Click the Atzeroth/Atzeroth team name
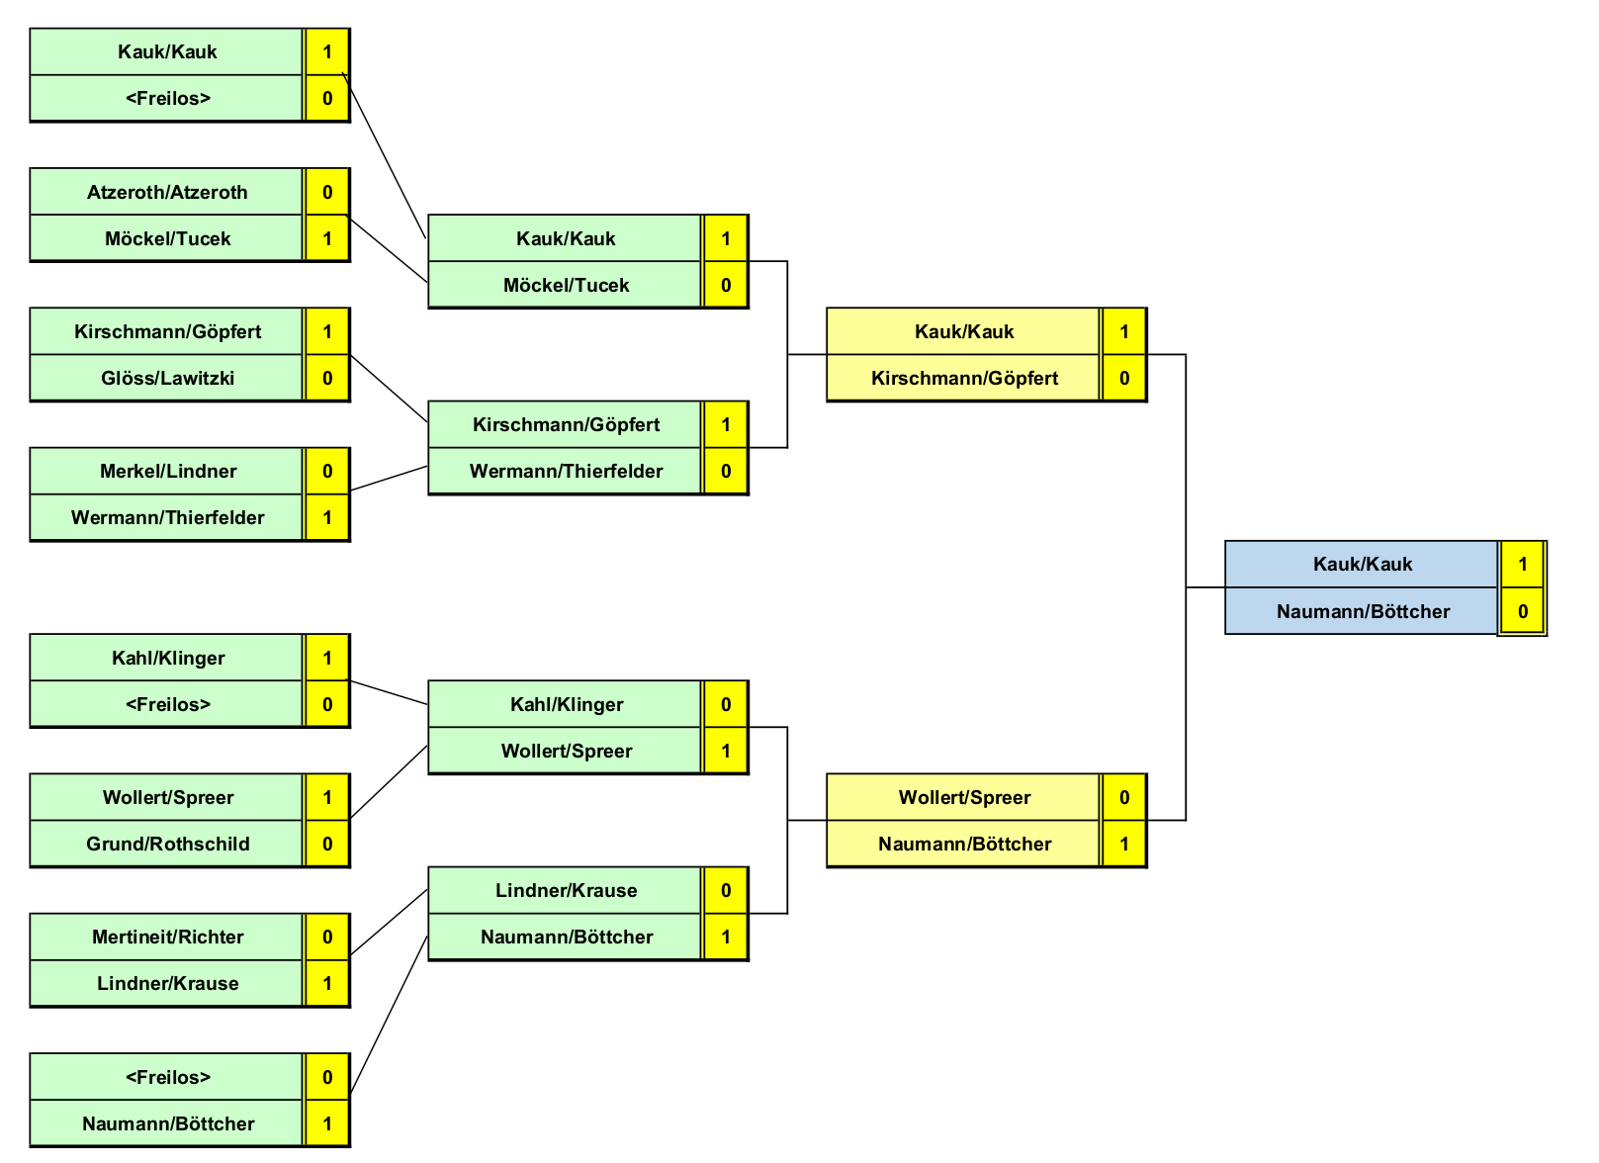[167, 192]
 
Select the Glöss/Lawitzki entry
[167, 378]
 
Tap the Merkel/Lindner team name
[167, 471]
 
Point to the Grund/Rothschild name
[167, 844]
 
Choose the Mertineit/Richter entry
[167, 937]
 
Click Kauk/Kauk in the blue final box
[1362, 564]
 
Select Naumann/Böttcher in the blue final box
[1362, 611]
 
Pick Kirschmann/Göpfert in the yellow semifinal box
[964, 378]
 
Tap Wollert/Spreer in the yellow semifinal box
[964, 797]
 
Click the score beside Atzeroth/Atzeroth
[327, 192]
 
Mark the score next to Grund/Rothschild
[327, 844]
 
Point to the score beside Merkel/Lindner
[327, 471]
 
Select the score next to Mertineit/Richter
[327, 937]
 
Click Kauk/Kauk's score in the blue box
[1522, 564]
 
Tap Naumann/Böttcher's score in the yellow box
[1124, 844]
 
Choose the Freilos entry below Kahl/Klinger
[167, 704]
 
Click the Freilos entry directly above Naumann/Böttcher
[167, 1077]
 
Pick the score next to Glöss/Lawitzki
[327, 378]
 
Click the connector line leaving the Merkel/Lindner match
[389, 478]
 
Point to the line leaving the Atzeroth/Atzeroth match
[389, 248]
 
